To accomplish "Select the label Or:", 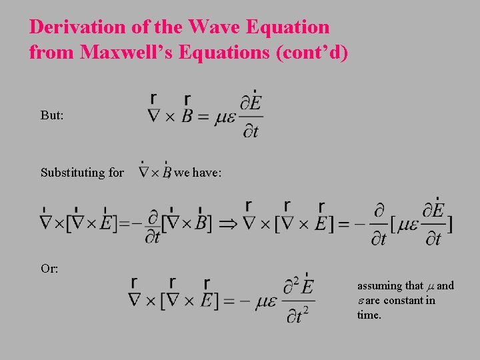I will tap(49, 269).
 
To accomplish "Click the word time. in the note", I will tap(369, 315).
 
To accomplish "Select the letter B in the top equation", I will tap(187, 117).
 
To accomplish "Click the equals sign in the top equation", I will tap(204, 118).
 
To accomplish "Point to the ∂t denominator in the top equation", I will tap(249, 131).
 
